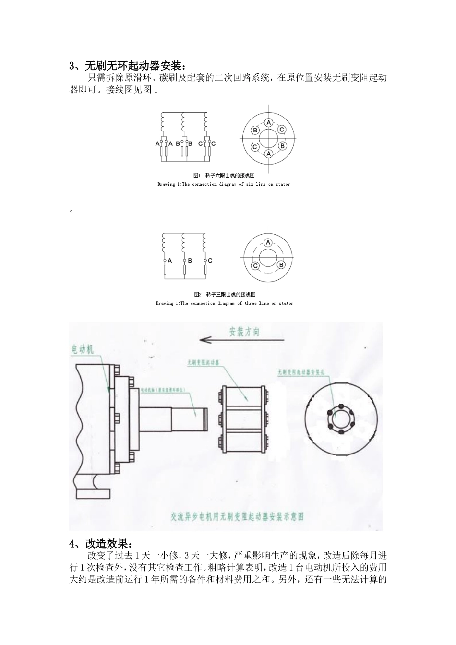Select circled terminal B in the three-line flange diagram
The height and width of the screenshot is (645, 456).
[282, 265]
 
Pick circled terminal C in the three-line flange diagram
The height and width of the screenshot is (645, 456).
[255, 265]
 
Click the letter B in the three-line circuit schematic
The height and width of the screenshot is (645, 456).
[190, 261]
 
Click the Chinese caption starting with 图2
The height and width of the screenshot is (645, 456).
[224, 294]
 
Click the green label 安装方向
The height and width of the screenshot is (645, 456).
[244, 332]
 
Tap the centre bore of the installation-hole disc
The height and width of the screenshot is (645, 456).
[340, 416]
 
